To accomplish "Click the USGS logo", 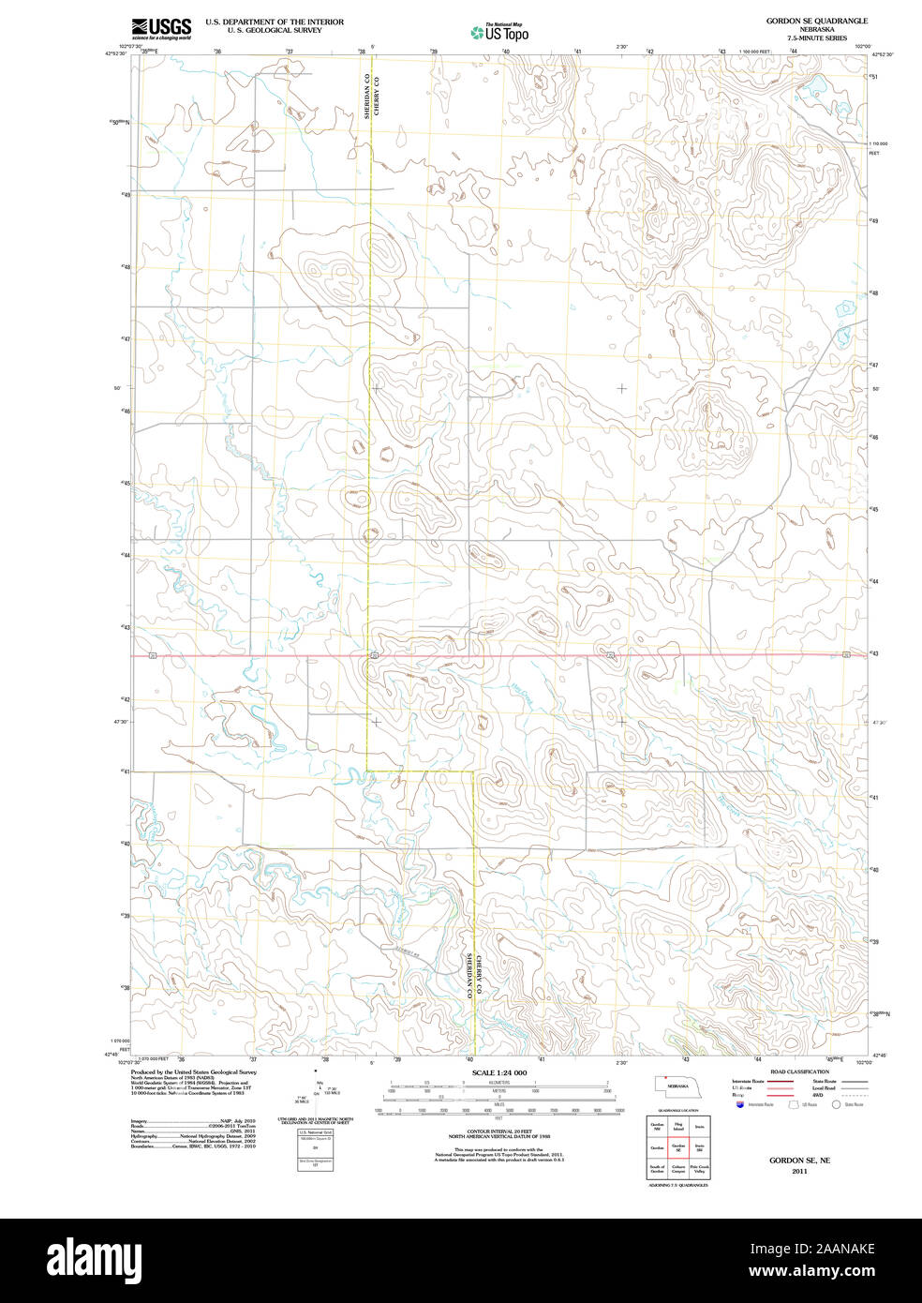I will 161,28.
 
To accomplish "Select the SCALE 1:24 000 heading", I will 499,1072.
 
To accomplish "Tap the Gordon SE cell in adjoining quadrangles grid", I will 678,1146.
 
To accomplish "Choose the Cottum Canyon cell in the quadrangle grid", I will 678,1170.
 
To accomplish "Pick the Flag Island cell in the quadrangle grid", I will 678,1125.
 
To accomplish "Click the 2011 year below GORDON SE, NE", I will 798,1171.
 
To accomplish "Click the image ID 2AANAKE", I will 842,1248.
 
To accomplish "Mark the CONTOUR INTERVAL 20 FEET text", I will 499,1131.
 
